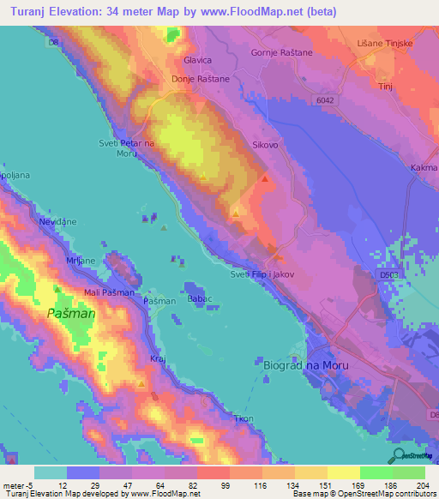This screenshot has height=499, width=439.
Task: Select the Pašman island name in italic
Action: [x=71, y=314]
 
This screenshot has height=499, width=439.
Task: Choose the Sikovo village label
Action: [x=265, y=146]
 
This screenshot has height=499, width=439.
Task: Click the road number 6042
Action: [x=322, y=99]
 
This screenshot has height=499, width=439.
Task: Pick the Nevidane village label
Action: [x=57, y=221]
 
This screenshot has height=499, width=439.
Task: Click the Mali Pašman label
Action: [x=109, y=293]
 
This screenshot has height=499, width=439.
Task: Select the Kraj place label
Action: [x=157, y=358]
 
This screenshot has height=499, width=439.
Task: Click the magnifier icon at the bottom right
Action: [x=398, y=455]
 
